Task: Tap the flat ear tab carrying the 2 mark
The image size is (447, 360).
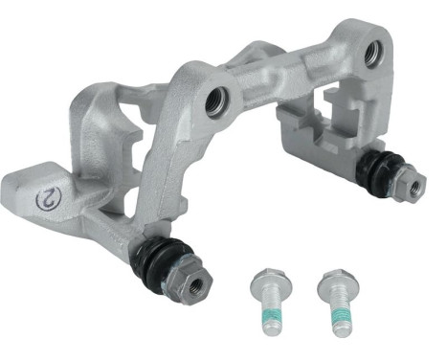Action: coord(43,196)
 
